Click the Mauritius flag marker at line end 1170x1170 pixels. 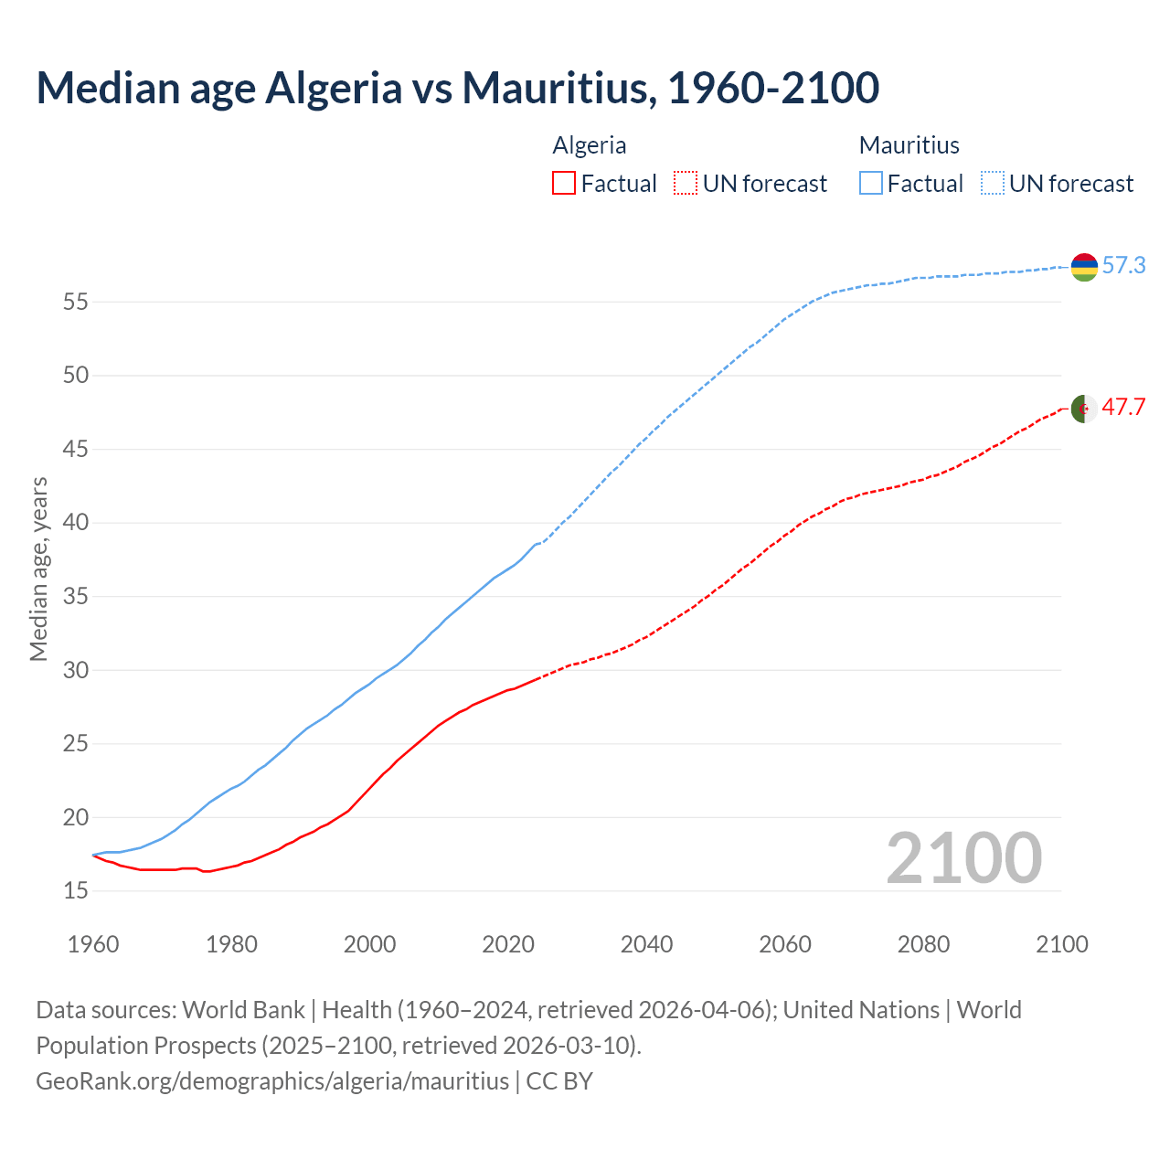[x=1084, y=267]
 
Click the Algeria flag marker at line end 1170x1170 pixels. [x=1084, y=409]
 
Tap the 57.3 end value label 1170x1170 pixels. [x=1123, y=266]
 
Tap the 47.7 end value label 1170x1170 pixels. [x=1123, y=408]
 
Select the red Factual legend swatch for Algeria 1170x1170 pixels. [x=564, y=184]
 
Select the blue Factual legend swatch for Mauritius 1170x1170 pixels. [x=871, y=184]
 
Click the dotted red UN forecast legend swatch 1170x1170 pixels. [x=686, y=184]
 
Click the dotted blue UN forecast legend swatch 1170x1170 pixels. [x=993, y=184]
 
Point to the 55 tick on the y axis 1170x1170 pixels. [x=75, y=302]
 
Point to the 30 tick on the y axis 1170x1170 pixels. [x=75, y=670]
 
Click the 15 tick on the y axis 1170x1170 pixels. [x=75, y=891]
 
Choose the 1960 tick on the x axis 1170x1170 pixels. [x=93, y=944]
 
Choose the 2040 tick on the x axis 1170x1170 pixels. [x=646, y=944]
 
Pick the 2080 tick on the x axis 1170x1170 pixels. [x=923, y=944]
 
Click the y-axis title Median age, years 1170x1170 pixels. [x=38, y=569]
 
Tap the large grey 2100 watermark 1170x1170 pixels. [x=963, y=858]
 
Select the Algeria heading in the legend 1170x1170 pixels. [x=590, y=145]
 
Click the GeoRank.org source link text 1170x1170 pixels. [x=272, y=1081]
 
